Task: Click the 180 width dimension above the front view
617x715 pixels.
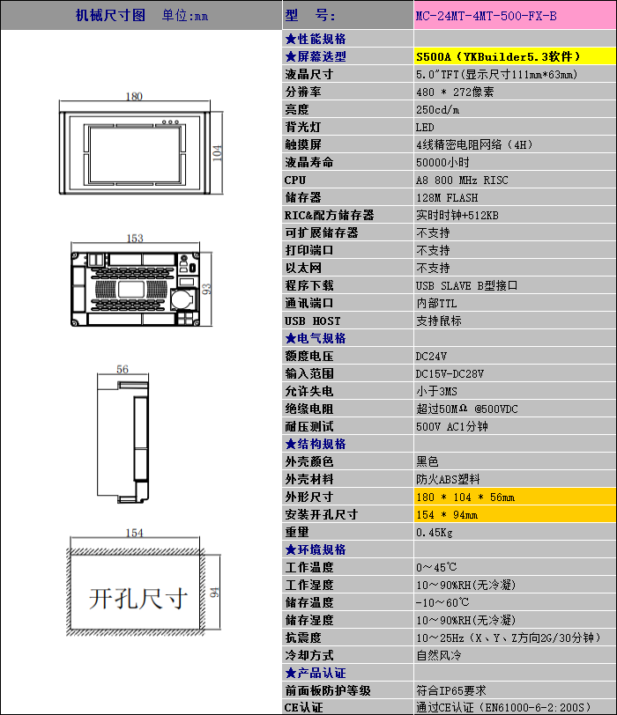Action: tap(134, 96)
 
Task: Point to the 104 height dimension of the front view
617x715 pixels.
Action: tap(218, 152)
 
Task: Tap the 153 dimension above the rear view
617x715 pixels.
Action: tap(135, 238)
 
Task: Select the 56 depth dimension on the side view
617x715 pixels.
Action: tap(123, 369)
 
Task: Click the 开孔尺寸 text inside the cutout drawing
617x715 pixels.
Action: tap(138, 598)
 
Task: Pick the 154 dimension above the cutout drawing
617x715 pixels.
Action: tap(134, 533)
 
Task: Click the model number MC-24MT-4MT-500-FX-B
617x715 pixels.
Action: tap(486, 16)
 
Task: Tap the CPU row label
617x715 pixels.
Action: tap(294, 181)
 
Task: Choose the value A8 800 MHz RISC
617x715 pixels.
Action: tap(462, 181)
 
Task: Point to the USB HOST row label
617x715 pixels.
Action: tap(313, 321)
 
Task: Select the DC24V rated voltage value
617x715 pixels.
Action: tap(431, 356)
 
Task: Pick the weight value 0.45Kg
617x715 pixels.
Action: tap(434, 532)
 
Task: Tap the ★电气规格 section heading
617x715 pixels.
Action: tap(316, 338)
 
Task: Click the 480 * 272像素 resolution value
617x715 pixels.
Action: tap(455, 92)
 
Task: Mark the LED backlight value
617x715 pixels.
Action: tap(425, 127)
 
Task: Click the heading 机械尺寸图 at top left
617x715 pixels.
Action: tap(110, 16)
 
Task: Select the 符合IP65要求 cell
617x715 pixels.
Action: tap(451, 690)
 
